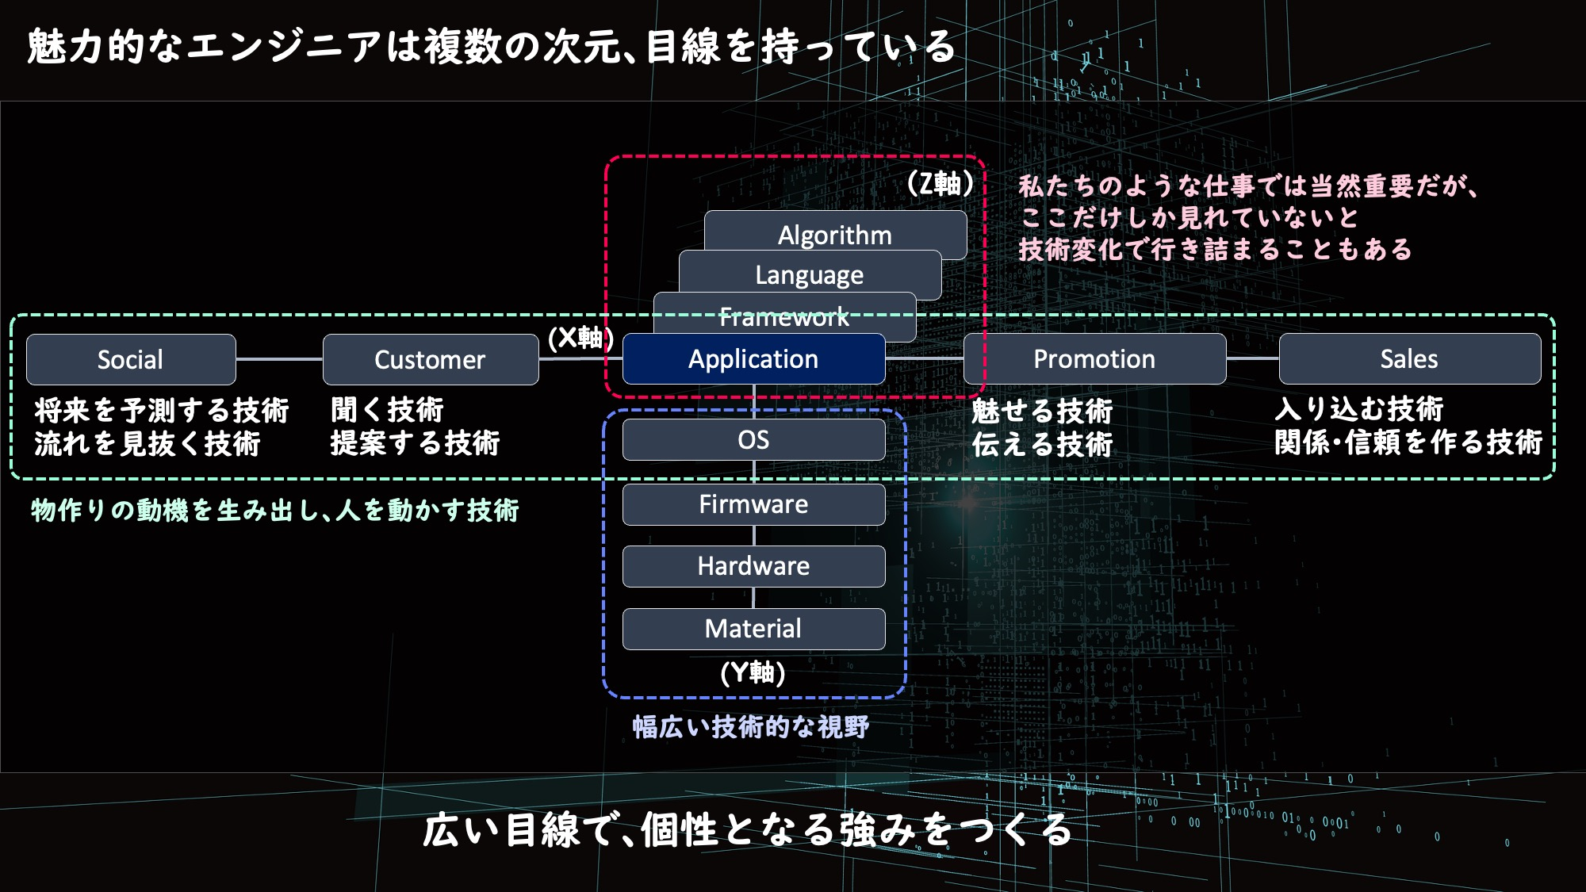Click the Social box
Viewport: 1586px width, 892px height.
click(131, 359)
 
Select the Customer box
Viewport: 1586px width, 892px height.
click(430, 359)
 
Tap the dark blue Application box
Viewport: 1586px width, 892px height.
click(753, 359)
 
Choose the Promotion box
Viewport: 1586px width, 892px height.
click(1094, 359)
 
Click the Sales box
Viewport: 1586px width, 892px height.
click(1409, 359)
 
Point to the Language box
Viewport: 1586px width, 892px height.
click(810, 274)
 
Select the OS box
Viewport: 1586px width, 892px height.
click(753, 439)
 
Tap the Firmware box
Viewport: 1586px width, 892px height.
click(753, 504)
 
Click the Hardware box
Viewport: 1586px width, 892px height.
click(753, 566)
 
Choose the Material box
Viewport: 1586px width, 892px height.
click(753, 629)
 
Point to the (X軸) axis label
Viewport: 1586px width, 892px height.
click(580, 338)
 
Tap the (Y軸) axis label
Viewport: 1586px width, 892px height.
click(753, 673)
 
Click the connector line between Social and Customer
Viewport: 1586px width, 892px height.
click(279, 359)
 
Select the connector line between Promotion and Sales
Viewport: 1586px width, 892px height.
click(1252, 358)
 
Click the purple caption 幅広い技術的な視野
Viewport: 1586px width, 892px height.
click(750, 726)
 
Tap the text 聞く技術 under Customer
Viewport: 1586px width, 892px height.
click(387, 410)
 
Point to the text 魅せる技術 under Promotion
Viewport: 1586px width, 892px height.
click(1042, 411)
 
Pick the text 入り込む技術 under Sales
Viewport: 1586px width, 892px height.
click(1358, 409)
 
